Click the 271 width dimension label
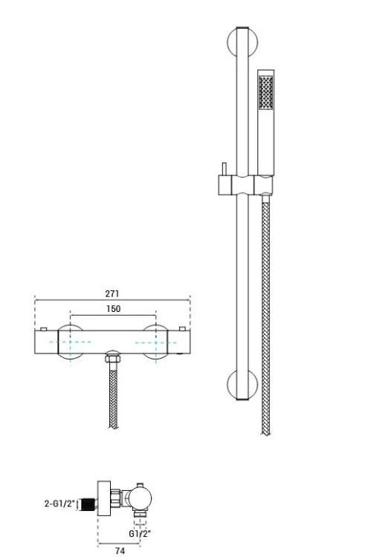(112, 294)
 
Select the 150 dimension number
(113, 309)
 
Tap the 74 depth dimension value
(120, 550)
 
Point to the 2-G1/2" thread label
(60, 504)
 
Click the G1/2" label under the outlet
(140, 533)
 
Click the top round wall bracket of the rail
(242, 42)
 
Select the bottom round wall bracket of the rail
(242, 385)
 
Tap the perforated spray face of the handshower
(266, 92)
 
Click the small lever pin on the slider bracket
(224, 169)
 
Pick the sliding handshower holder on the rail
(245, 185)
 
